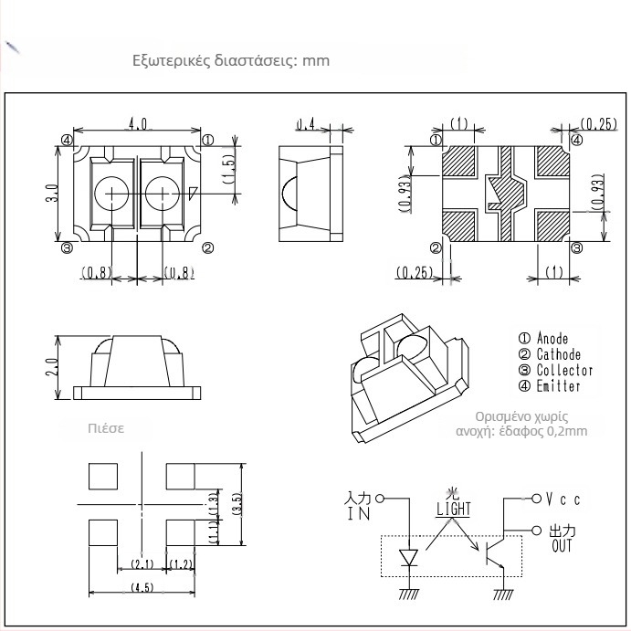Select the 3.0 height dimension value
pos(54,194)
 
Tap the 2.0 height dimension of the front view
pos(54,366)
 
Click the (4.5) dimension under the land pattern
pos(141,586)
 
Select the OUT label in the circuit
pos(562,546)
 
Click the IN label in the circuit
pos(356,515)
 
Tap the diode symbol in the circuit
pos(407,556)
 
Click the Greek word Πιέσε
pos(105,427)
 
